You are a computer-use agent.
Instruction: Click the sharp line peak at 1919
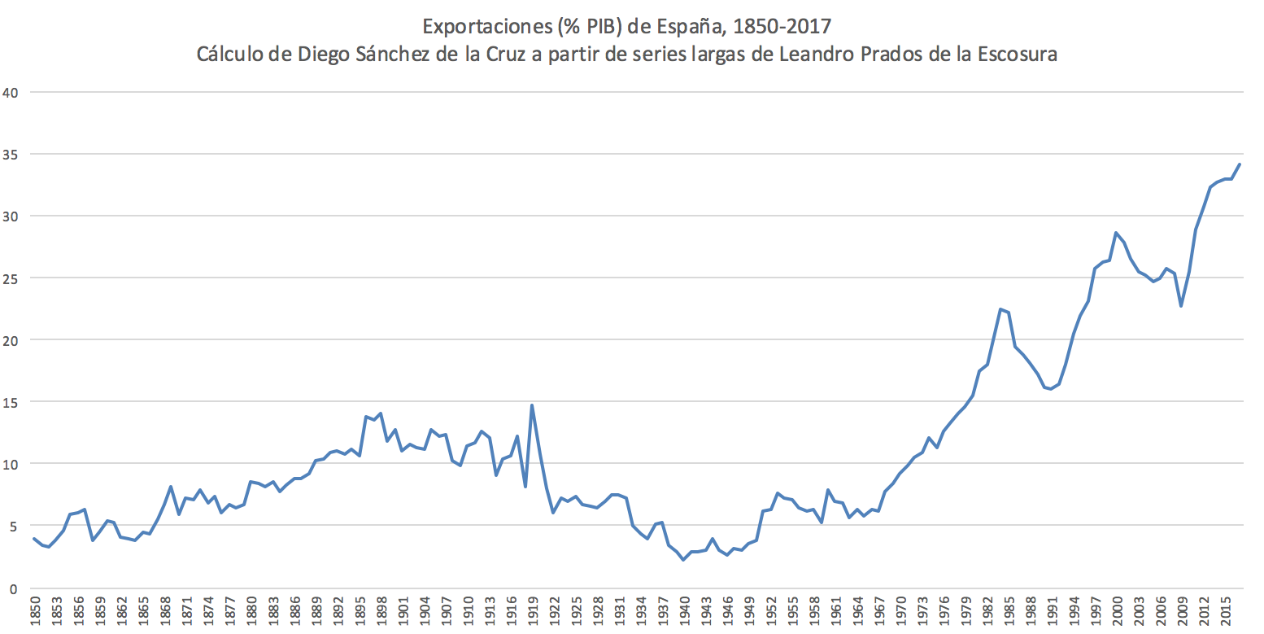pyautogui.click(x=531, y=404)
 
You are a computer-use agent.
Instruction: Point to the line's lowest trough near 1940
pyautogui.click(x=683, y=560)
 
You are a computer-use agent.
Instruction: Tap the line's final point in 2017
pyautogui.click(x=1239, y=164)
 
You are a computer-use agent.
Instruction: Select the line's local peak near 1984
pyautogui.click(x=1000, y=309)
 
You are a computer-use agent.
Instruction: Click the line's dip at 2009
pyautogui.click(x=1180, y=306)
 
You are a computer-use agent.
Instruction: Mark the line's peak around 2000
pyautogui.click(x=1116, y=233)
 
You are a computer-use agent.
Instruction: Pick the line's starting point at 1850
pyautogui.click(x=34, y=539)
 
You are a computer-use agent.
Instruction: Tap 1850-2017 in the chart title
pyautogui.click(x=781, y=27)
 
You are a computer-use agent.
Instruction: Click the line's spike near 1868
pyautogui.click(x=171, y=487)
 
